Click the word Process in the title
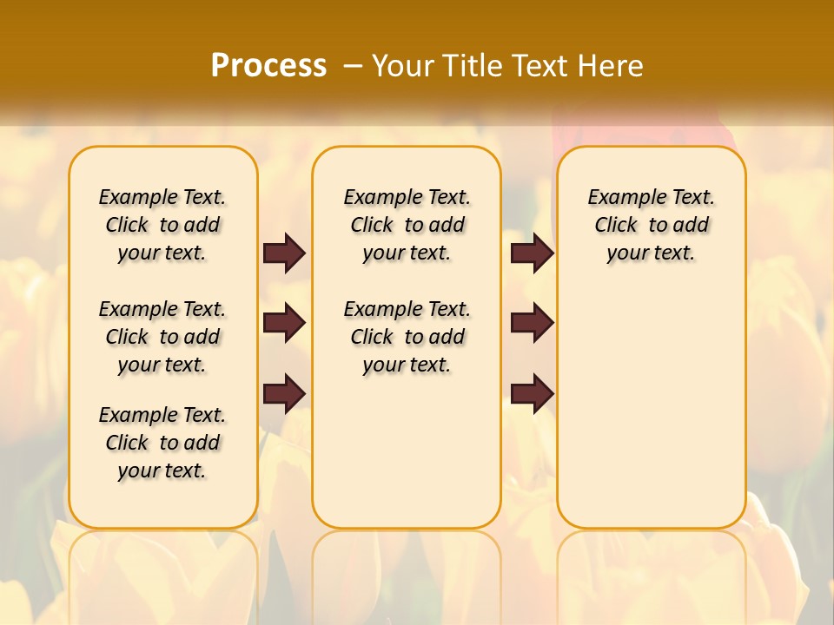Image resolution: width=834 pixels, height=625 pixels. (268, 66)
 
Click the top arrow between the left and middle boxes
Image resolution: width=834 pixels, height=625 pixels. (284, 253)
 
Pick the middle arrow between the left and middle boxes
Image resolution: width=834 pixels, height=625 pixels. (284, 323)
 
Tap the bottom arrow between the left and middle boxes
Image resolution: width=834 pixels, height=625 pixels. (284, 394)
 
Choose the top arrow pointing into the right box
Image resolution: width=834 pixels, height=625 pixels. (532, 253)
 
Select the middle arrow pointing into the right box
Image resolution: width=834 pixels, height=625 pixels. (532, 323)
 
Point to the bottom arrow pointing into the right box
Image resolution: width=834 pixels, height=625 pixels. (532, 394)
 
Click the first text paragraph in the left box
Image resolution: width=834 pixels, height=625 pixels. (162, 225)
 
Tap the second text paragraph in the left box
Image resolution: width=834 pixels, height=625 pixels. (162, 337)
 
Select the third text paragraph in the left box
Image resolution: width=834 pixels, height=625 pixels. (162, 443)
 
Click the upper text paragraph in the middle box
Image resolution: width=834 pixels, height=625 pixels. (407, 225)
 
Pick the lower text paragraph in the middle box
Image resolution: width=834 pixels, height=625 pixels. (407, 337)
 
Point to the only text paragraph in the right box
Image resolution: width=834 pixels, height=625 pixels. (652, 225)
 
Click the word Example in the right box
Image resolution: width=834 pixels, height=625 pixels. (625, 198)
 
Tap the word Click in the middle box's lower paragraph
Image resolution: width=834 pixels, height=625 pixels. (372, 337)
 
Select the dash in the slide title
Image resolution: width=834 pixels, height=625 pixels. (353, 66)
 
